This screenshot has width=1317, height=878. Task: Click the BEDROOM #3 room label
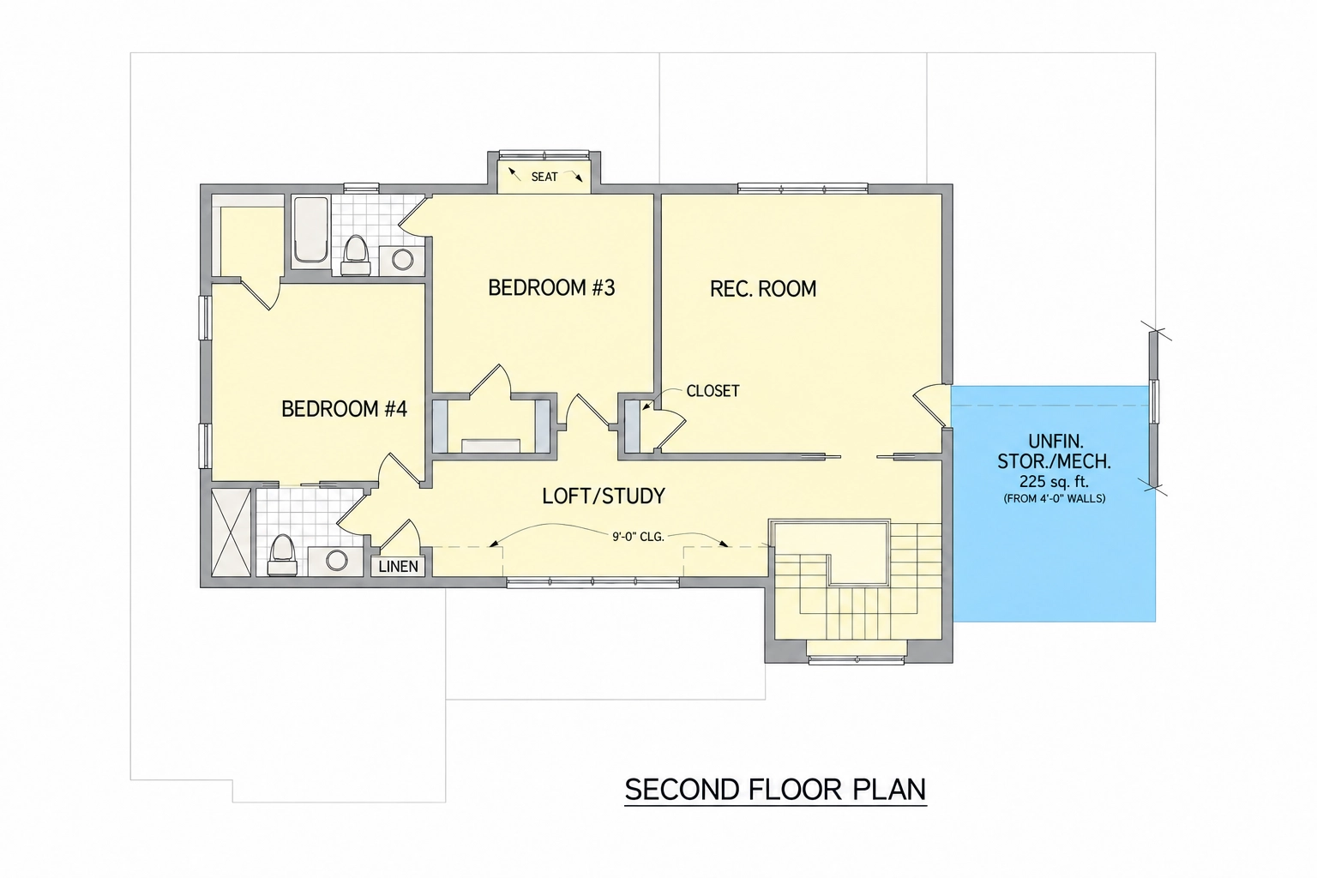click(551, 287)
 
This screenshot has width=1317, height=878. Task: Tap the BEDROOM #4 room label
click(344, 409)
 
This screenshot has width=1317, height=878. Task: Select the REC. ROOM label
click(763, 289)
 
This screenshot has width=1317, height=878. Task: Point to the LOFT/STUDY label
click(604, 496)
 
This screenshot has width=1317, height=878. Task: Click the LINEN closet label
click(398, 566)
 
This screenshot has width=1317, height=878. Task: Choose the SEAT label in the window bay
click(544, 177)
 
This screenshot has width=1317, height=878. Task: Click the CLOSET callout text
click(713, 391)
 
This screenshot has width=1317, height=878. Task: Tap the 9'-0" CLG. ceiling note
click(638, 537)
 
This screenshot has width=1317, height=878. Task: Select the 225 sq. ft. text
click(1054, 482)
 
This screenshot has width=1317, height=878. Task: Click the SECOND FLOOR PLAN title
click(775, 789)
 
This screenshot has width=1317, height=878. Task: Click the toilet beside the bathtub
click(356, 256)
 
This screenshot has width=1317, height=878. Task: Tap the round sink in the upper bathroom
click(402, 260)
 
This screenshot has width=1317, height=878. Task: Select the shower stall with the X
click(231, 532)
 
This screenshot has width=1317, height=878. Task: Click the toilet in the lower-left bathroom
click(283, 555)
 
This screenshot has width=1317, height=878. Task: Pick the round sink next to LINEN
click(336, 561)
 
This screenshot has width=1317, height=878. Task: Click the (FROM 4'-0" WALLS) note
click(1054, 499)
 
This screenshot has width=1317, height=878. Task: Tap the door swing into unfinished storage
click(931, 406)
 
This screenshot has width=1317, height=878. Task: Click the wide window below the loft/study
click(592, 583)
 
